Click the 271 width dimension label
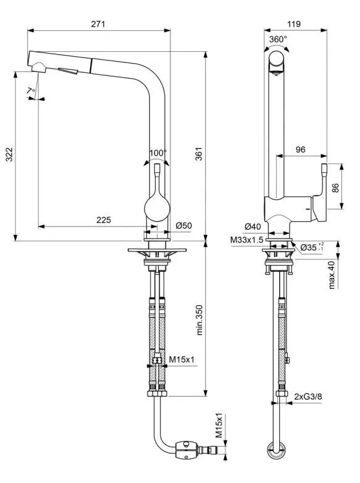[x=98, y=23]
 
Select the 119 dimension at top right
[x=294, y=23]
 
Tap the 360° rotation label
[x=278, y=39]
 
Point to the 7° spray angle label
[x=31, y=91]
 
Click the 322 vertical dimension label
[x=9, y=154]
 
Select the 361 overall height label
[x=199, y=154]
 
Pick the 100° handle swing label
[x=158, y=153]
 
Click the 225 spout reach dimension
[x=104, y=220]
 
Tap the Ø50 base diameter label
[x=184, y=225]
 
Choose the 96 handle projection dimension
[x=300, y=149]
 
